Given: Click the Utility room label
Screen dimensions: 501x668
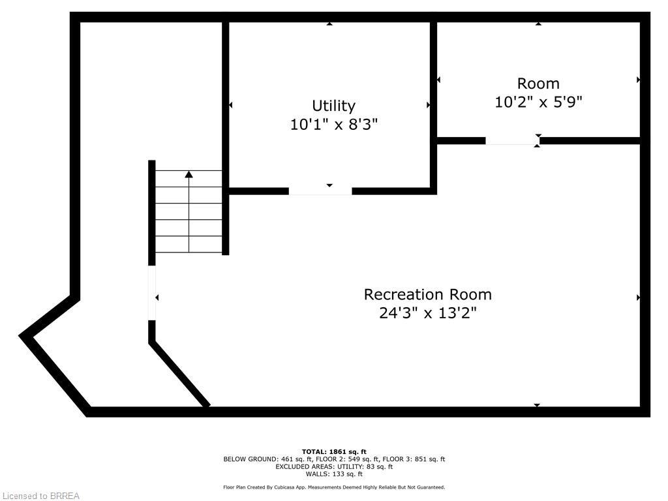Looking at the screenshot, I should click(333, 106).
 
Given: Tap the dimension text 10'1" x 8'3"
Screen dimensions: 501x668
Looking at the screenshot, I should click(333, 124).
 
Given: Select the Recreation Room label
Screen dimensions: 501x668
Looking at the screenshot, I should click(427, 294).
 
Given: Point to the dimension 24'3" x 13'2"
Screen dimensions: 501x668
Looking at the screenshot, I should click(427, 313).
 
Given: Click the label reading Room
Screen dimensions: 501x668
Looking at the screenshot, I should click(538, 83).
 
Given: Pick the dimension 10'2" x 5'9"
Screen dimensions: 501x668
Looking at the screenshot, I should click(538, 102).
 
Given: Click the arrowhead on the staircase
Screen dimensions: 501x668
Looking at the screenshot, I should click(189, 174).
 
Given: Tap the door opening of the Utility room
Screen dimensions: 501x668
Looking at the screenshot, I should click(320, 191).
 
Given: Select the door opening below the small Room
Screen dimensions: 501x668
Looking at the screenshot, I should click(512, 141).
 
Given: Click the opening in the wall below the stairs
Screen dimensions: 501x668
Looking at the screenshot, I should click(152, 293).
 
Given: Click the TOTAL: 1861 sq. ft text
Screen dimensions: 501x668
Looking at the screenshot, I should click(334, 451).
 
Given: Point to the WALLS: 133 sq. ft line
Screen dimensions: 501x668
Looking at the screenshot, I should click(334, 474).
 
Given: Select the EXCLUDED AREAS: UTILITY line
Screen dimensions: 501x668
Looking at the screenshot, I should click(334, 466).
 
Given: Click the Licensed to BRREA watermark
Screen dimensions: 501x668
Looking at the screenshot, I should click(40, 496).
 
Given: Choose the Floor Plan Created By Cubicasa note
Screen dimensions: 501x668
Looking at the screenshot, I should click(334, 487).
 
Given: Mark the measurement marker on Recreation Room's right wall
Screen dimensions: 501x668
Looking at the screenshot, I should click(638, 297).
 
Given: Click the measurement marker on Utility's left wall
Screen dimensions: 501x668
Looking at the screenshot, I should click(230, 105).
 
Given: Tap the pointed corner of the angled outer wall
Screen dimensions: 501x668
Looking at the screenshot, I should click(23, 336).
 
